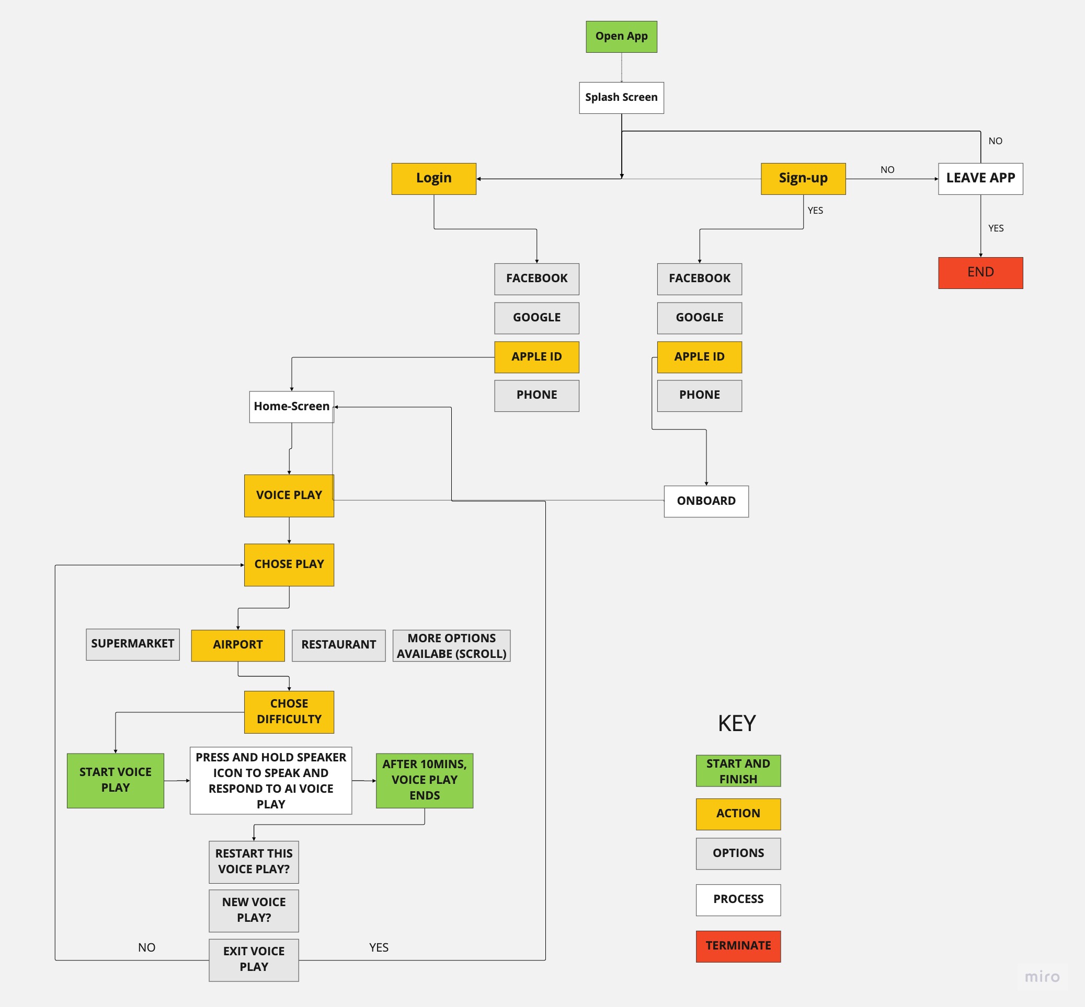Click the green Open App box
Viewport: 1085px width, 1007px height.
click(x=621, y=37)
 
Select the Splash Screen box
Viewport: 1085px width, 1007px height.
click(x=621, y=98)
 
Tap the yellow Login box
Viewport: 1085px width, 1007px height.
click(x=433, y=178)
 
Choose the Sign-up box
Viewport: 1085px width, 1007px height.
click(x=803, y=178)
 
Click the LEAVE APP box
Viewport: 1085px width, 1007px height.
click(x=980, y=178)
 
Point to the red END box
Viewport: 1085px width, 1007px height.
click(x=980, y=272)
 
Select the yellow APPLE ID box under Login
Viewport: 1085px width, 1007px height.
click(x=536, y=357)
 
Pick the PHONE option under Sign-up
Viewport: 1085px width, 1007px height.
click(x=699, y=395)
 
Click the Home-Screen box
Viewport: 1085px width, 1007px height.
click(x=291, y=407)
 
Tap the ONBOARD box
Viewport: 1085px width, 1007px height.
click(x=705, y=501)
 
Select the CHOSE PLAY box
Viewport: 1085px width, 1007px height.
click(x=289, y=564)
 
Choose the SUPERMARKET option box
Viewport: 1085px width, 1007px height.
click(x=132, y=644)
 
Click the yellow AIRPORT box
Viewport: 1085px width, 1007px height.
click(x=238, y=645)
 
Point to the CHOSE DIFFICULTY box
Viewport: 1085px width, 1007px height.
click(x=289, y=712)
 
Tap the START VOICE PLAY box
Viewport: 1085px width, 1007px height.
click(x=115, y=780)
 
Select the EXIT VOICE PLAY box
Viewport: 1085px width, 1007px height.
click(x=254, y=959)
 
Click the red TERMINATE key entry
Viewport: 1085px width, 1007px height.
click(x=738, y=946)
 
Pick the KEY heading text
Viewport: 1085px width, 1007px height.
click(x=737, y=724)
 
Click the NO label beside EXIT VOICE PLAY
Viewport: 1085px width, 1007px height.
click(x=146, y=947)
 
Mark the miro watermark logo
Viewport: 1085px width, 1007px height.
click(x=1042, y=977)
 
